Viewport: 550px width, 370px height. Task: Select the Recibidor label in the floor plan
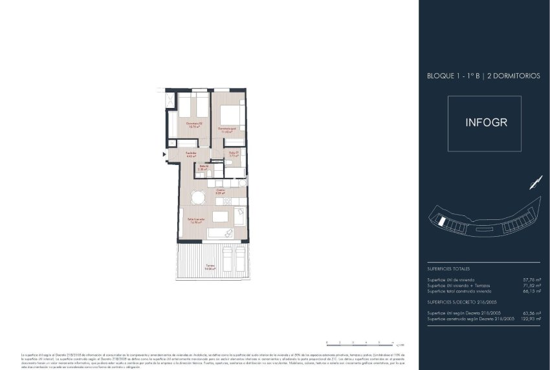pos(191,155)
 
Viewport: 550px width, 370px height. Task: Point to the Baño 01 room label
pos(234,155)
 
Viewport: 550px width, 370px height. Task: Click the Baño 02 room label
pos(203,168)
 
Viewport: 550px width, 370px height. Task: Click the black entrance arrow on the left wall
pos(164,154)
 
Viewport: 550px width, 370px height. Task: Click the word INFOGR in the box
pos(484,122)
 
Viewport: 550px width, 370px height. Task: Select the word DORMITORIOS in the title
pos(514,76)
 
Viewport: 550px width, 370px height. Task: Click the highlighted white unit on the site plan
pos(441,221)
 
